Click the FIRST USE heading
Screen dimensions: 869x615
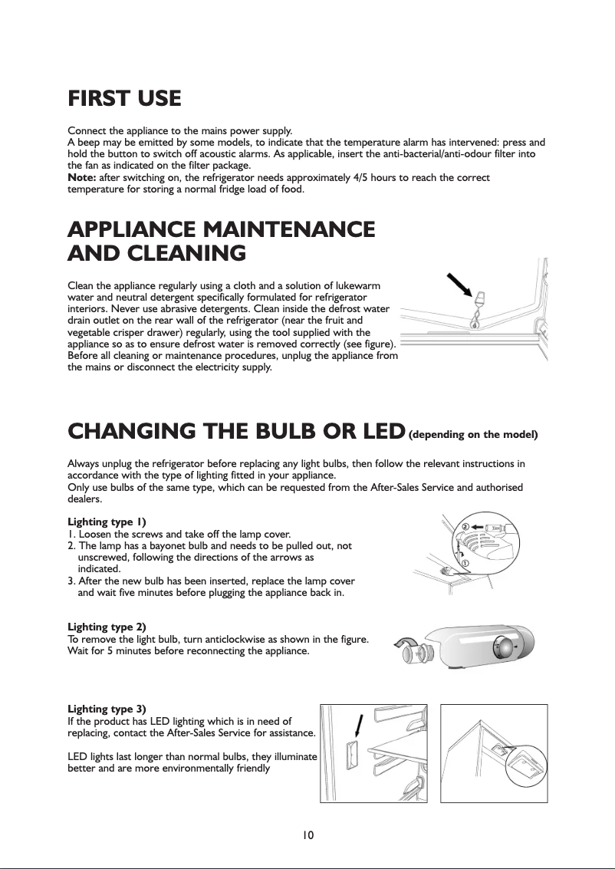point(124,99)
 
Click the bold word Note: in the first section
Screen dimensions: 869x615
point(83,178)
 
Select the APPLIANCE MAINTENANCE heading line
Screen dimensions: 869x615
point(222,229)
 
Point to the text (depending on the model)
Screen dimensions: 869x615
point(473,435)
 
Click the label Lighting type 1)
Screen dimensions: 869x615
point(107,522)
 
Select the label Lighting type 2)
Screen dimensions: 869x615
point(107,627)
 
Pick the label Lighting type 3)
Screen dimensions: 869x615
point(107,708)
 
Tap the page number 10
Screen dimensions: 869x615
point(307,834)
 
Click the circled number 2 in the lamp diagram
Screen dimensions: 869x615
point(465,527)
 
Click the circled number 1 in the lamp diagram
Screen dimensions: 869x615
point(465,564)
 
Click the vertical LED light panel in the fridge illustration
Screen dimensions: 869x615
point(354,755)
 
